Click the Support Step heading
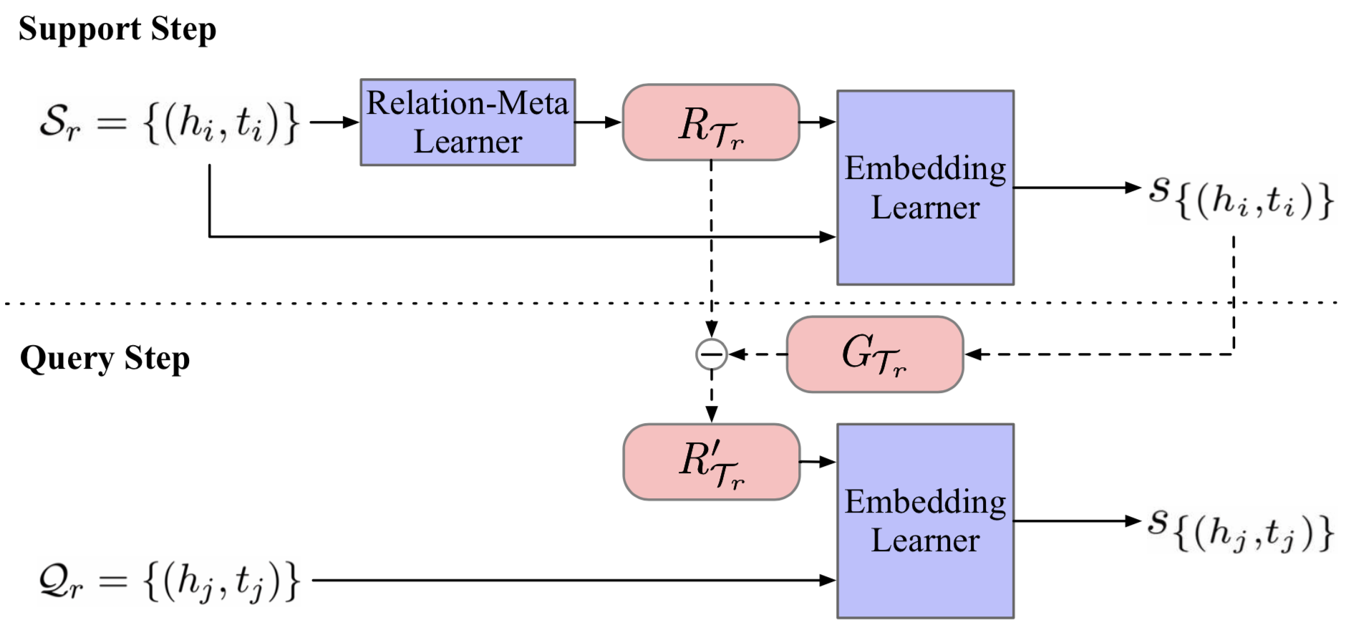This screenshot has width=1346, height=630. coord(117,29)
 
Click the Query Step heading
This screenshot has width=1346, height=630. coord(105,358)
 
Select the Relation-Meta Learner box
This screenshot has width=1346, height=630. coord(467,122)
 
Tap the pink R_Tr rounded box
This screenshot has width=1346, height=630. coord(710,122)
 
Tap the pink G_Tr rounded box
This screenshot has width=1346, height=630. coord(874,354)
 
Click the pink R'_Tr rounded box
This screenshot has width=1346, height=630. coord(711,462)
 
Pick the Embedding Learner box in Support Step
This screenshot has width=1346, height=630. coord(925,188)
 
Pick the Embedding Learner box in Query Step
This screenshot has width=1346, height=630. coord(925,521)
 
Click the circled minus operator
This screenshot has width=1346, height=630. coord(711,354)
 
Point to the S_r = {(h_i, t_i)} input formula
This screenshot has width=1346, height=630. coord(168,122)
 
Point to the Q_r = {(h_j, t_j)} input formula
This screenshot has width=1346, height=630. coord(168,580)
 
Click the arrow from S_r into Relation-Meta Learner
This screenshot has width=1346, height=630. coord(334,122)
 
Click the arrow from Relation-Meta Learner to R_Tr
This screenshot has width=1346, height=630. coord(598,122)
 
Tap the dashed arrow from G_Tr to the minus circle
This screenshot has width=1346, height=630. coord(757,354)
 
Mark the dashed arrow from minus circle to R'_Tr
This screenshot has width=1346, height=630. coord(711,397)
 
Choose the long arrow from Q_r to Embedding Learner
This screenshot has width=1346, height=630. coord(573,580)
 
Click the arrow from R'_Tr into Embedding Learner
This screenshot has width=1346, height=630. coord(818,462)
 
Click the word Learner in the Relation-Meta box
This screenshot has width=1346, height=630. coord(467,142)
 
